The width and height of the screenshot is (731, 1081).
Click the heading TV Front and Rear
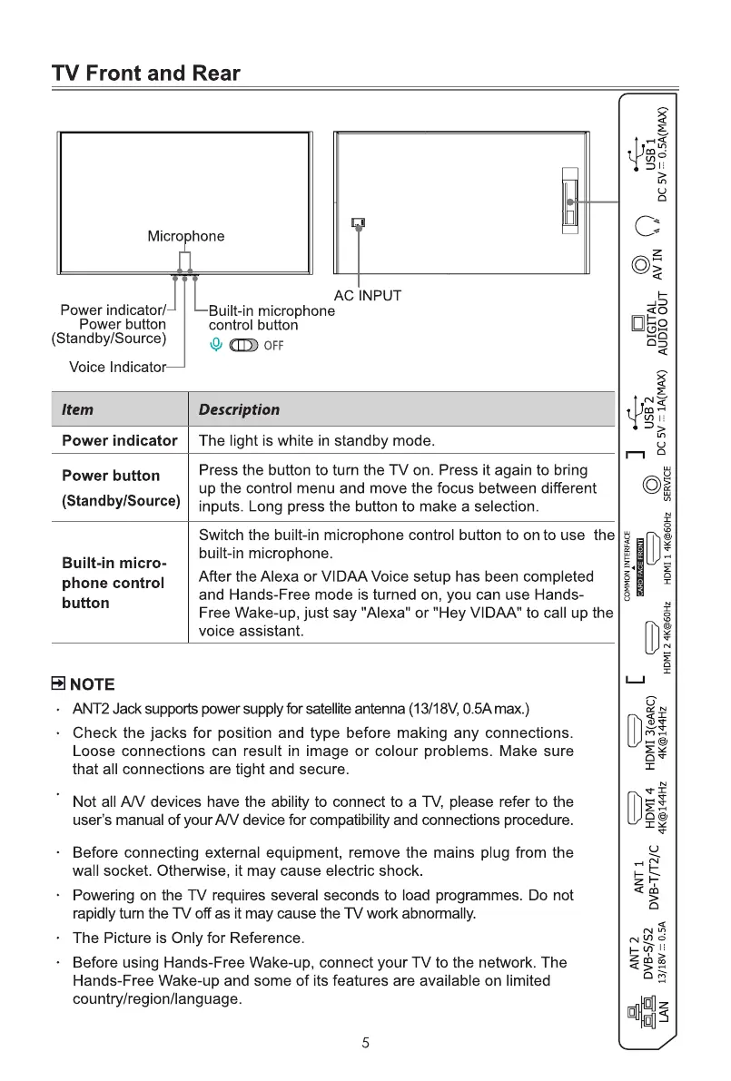tap(145, 74)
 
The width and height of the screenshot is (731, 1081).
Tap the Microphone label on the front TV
tap(185, 236)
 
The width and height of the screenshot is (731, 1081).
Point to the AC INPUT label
tap(367, 295)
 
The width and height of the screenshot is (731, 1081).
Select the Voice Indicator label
tap(117, 368)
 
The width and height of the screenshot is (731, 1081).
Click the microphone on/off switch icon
tap(245, 345)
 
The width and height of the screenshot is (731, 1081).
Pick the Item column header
tap(77, 409)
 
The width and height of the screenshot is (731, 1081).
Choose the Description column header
tap(239, 409)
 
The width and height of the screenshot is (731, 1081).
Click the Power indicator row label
tap(119, 441)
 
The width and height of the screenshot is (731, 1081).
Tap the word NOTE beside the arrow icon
tap(93, 684)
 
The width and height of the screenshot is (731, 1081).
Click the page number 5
tap(365, 1043)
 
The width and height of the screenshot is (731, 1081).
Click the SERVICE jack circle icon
tap(650, 485)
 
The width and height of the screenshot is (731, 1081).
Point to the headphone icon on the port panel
tap(646, 225)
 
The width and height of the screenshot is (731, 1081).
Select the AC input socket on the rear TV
tap(358, 222)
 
